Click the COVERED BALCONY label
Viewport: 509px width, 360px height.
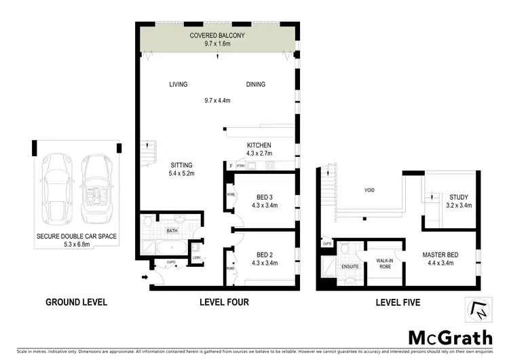click(218, 35)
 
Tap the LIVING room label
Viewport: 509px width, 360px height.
click(178, 84)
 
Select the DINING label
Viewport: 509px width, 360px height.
click(256, 84)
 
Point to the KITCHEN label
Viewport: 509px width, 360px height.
click(259, 145)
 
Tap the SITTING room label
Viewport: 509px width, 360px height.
click(181, 165)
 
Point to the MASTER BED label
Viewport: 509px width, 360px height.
click(441, 255)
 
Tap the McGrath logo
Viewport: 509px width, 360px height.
click(451, 337)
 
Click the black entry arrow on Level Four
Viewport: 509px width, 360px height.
click(145, 277)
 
